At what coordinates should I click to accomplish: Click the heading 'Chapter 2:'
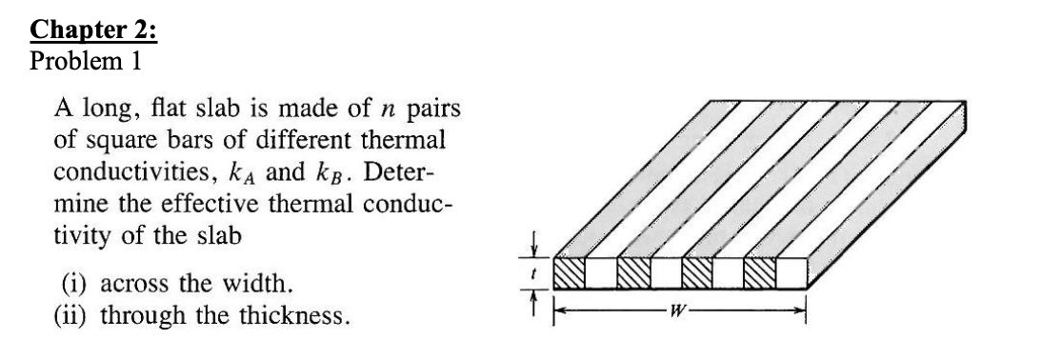pyautogui.click(x=94, y=28)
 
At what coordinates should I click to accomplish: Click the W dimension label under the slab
pyautogui.click(x=683, y=308)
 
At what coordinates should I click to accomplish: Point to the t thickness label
pyautogui.click(x=533, y=273)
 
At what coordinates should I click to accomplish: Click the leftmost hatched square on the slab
pyautogui.click(x=570, y=273)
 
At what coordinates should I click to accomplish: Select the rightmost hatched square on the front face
pyautogui.click(x=760, y=273)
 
